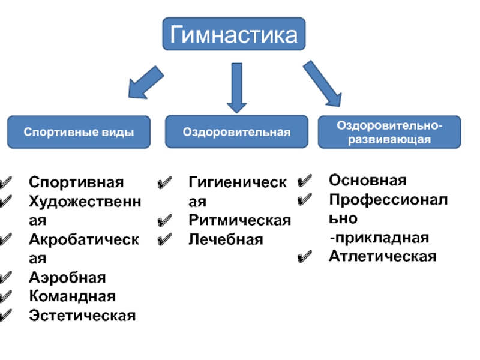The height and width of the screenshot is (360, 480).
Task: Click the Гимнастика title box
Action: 234,34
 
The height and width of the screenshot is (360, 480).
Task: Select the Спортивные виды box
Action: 79,132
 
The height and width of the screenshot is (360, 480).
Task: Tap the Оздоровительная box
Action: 236,131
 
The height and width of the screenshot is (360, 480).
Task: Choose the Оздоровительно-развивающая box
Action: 389,132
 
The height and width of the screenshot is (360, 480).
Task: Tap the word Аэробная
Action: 67,278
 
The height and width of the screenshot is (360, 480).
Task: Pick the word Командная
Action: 73,296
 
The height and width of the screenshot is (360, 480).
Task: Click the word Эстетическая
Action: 83,315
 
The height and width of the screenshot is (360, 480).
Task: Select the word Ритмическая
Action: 239,220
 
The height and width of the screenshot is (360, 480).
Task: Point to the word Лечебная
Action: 226,239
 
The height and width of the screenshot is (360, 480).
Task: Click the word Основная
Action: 367,181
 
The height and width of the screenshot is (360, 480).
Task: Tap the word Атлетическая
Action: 382,257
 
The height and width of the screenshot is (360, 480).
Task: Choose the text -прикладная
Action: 379,238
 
